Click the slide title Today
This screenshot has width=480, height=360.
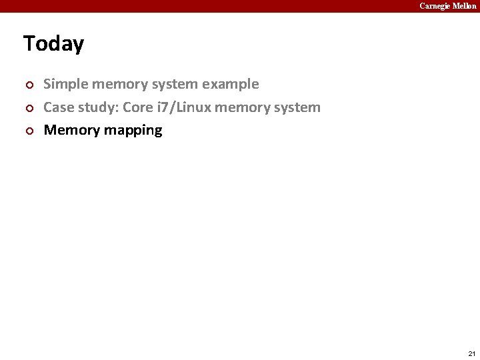click(53, 44)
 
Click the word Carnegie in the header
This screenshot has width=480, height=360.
click(435, 6)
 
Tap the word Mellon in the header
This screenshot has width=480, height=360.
click(465, 6)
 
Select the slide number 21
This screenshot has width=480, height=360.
click(472, 353)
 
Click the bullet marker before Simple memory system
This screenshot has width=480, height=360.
click(28, 85)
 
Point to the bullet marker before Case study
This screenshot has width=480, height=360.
click(28, 108)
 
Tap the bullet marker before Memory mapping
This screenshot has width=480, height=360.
click(28, 131)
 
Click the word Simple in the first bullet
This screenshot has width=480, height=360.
click(66, 84)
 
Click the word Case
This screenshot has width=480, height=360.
click(58, 107)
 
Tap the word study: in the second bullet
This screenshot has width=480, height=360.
click(97, 107)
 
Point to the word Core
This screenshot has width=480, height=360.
click(138, 107)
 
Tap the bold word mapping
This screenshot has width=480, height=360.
click(133, 131)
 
